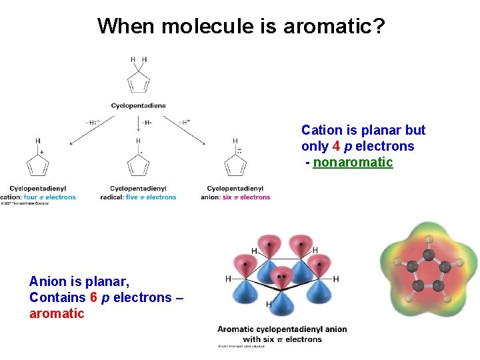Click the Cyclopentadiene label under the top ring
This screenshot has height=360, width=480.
coord(139,105)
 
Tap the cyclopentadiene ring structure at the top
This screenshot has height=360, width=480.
coord(139,81)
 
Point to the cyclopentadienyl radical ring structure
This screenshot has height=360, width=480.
coord(138,165)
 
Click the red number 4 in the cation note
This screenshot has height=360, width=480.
coord(337,147)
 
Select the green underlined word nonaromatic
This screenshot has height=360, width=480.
coord(353,163)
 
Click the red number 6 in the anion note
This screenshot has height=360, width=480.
coord(93,297)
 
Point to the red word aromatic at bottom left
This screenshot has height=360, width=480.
coord(57,313)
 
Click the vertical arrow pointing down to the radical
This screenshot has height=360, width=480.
coord(138,124)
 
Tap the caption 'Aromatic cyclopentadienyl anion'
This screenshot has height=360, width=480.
coord(282,329)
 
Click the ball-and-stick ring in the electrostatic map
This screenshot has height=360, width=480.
coord(427,270)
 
